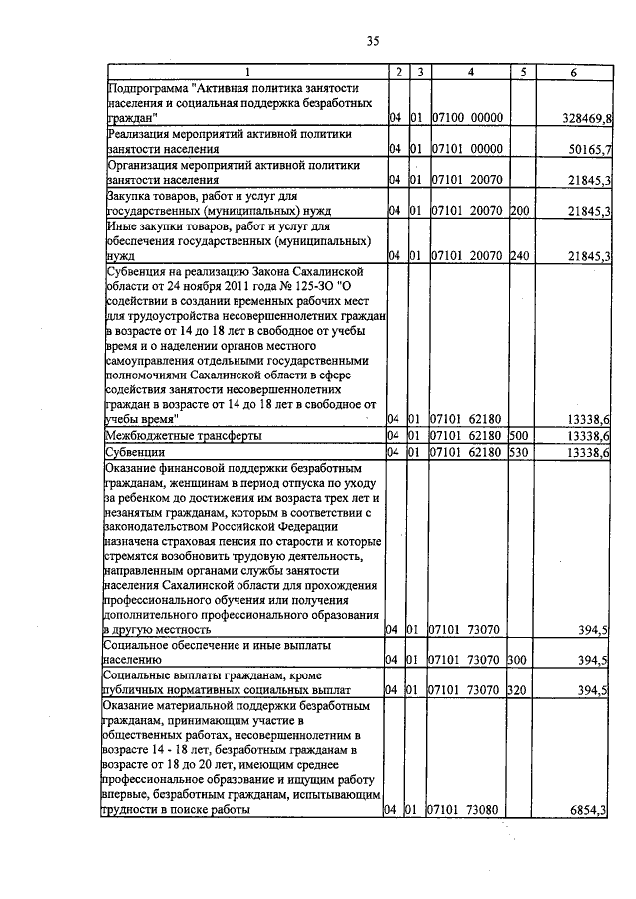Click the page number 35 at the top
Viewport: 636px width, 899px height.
(372, 41)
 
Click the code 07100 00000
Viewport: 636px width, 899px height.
(469, 118)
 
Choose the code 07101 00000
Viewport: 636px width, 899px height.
(469, 149)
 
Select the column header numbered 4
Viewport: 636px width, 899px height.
(470, 72)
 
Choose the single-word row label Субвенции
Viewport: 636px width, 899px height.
(136, 453)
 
